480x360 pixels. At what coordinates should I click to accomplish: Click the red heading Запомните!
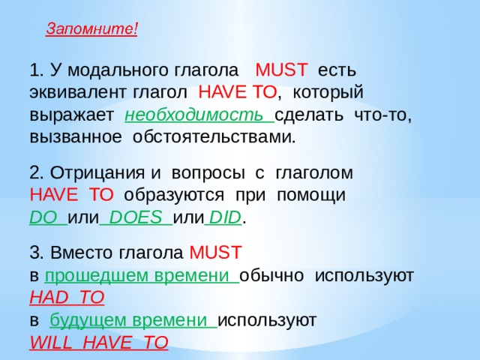tap(91, 29)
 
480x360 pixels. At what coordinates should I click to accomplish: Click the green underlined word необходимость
tap(197, 116)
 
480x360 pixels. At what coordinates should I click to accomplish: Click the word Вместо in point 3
tap(77, 252)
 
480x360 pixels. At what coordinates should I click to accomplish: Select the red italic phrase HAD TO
tap(66, 298)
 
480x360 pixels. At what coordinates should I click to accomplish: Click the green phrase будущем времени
tap(131, 320)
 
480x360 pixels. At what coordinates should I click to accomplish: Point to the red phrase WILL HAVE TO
tap(98, 343)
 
